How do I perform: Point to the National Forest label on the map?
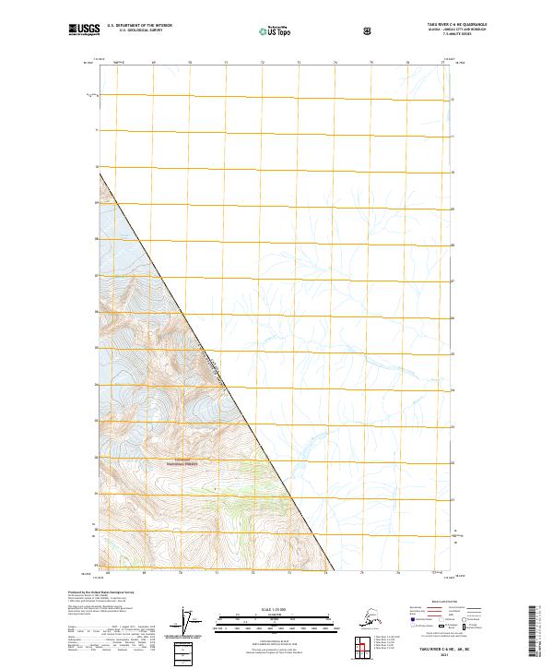[182, 463]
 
